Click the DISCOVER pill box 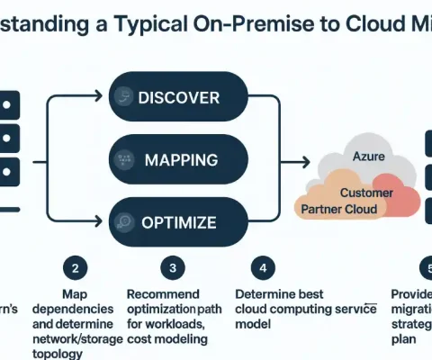(177, 98)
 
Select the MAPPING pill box (177, 160)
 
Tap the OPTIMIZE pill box (177, 221)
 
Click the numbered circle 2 (75, 267)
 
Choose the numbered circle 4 (260, 267)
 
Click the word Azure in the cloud (368, 157)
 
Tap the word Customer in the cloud (366, 193)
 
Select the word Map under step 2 (75, 293)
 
